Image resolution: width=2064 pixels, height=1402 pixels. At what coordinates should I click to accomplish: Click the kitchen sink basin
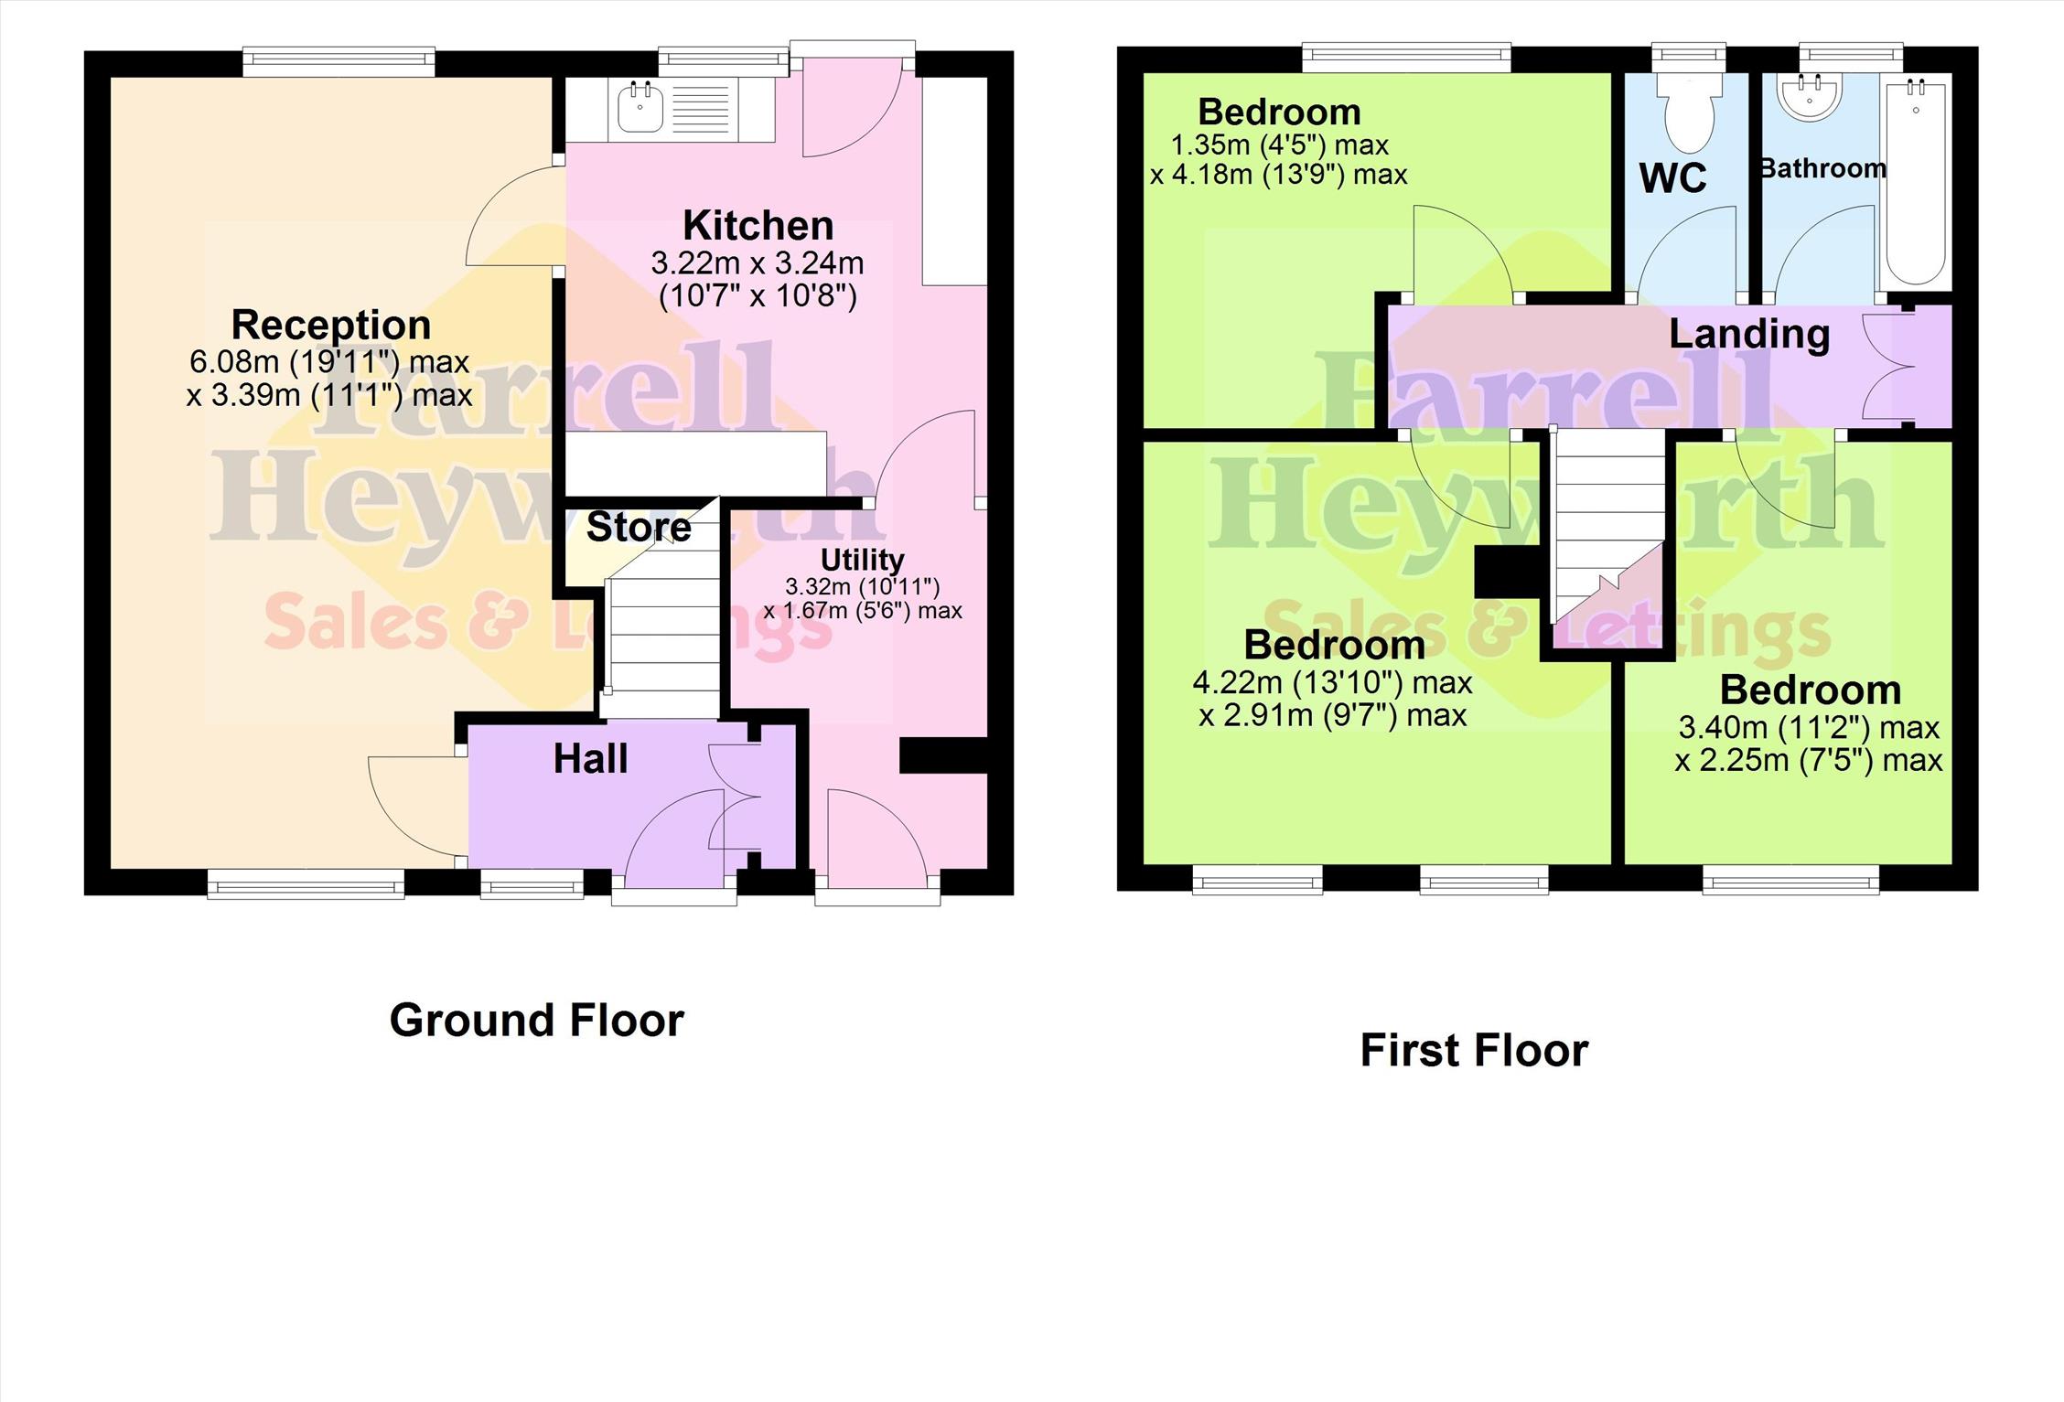640,108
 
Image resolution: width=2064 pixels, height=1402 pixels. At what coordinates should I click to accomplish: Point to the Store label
639,527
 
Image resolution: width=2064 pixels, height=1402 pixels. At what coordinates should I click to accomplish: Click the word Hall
590,759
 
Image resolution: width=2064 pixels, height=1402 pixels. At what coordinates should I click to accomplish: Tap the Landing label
1749,335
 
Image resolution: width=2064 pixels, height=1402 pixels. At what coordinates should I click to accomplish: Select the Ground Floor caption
537,1020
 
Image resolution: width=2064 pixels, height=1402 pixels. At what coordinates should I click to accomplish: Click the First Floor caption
1474,1050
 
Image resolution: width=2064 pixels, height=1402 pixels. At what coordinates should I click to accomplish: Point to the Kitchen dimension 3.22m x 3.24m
758,263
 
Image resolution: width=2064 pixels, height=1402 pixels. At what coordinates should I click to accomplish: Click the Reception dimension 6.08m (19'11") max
329,362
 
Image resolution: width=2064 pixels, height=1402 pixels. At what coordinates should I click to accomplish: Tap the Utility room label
862,560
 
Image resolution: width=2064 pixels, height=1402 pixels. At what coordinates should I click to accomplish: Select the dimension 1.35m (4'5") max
1280,145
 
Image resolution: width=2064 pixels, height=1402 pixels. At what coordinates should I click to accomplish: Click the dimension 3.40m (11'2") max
1809,728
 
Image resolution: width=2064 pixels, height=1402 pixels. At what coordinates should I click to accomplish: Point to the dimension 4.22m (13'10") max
1332,683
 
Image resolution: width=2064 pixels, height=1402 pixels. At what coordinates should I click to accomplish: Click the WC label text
1672,178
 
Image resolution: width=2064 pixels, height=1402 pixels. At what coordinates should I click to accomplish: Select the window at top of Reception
339,61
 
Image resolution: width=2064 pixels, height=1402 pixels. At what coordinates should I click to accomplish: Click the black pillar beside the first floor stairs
1508,573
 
